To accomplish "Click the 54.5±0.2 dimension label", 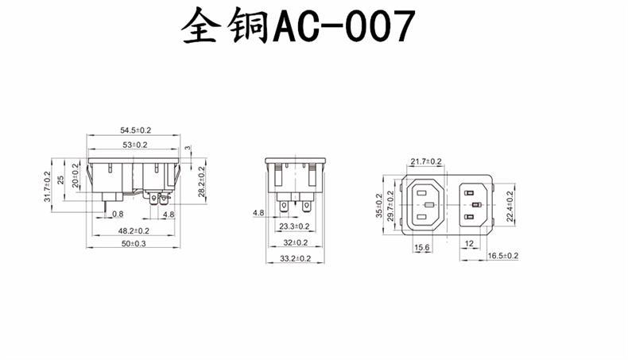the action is (x=136, y=130).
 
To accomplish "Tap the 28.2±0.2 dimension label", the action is (x=202, y=180).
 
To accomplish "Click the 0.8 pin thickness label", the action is (x=117, y=215).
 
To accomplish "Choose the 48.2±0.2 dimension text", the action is (x=134, y=230).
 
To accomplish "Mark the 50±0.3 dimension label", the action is (x=134, y=244).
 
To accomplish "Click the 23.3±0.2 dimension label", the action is (x=295, y=226).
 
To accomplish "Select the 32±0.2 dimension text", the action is (x=296, y=242).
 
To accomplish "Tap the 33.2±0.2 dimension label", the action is (x=296, y=258).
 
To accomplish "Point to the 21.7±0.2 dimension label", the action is (x=426, y=161).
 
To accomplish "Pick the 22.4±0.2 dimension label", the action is (x=510, y=205).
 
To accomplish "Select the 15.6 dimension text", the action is (x=422, y=249).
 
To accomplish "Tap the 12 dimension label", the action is (x=469, y=243).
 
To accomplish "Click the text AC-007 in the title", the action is (x=344, y=29).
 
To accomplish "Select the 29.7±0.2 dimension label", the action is (x=391, y=206).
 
